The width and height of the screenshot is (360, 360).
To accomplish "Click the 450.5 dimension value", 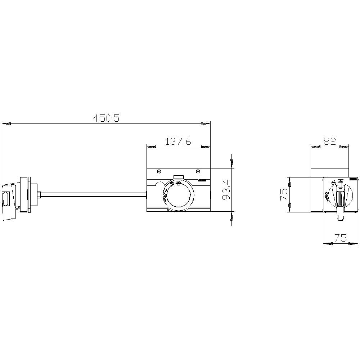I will click(x=106, y=118).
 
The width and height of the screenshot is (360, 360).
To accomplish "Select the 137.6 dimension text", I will click(x=178, y=141).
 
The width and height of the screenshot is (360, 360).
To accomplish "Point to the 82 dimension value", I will click(x=329, y=141).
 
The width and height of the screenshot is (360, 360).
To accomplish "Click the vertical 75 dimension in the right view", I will click(x=284, y=194).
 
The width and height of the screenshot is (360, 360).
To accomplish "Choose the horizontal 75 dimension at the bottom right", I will click(x=341, y=238).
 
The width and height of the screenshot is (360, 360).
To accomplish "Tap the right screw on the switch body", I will click(x=198, y=171).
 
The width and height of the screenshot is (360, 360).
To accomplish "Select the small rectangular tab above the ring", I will click(x=179, y=177).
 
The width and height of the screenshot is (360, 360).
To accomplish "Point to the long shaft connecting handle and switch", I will click(x=94, y=195).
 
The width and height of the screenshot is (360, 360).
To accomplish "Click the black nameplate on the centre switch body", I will click(x=202, y=179).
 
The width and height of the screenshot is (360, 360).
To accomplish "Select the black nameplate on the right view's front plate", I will click(x=354, y=179).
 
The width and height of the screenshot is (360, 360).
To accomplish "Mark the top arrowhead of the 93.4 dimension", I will click(x=232, y=162).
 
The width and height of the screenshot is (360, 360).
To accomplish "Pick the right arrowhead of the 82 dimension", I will click(x=344, y=147).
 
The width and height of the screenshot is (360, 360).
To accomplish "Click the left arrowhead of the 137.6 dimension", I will click(x=152, y=147).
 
